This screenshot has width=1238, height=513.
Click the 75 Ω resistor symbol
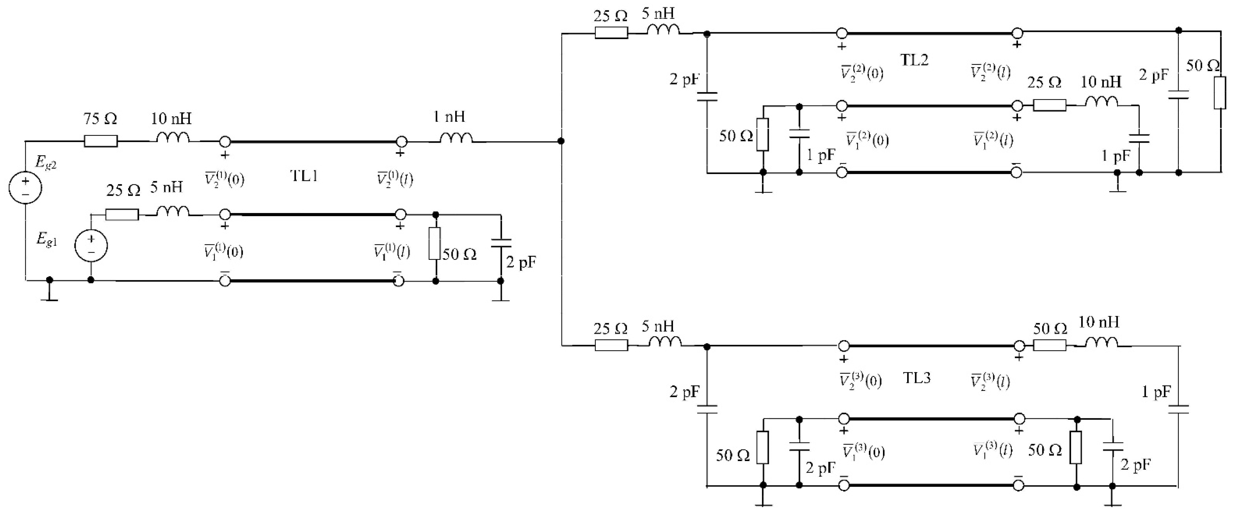[101, 141]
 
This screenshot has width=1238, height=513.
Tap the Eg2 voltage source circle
[26, 187]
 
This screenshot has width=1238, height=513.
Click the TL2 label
[914, 60]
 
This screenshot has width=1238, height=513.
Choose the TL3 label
[917, 378]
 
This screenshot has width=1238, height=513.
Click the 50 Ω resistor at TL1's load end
[435, 244]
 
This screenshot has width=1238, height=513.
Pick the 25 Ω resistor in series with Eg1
[122, 215]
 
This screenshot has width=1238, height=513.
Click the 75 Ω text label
[100, 119]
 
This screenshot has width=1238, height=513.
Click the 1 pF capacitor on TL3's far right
[1179, 409]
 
